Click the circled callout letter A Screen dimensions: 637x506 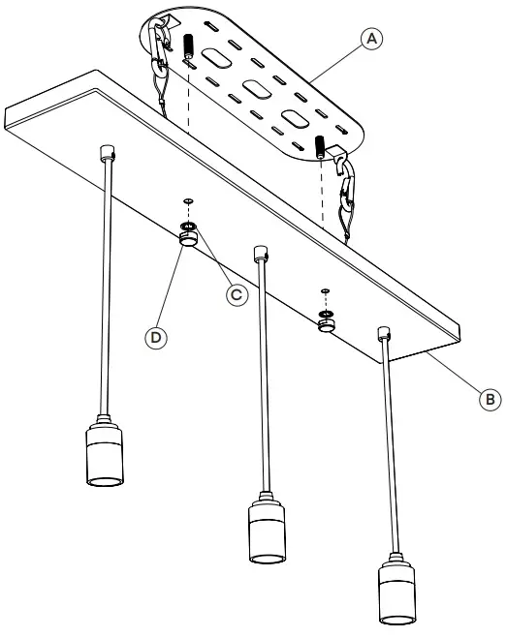(368, 38)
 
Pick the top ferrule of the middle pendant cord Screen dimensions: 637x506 (259, 254)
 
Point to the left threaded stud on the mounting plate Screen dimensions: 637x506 (188, 45)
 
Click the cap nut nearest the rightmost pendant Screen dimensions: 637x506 (329, 326)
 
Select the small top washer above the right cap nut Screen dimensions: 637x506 (326, 290)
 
